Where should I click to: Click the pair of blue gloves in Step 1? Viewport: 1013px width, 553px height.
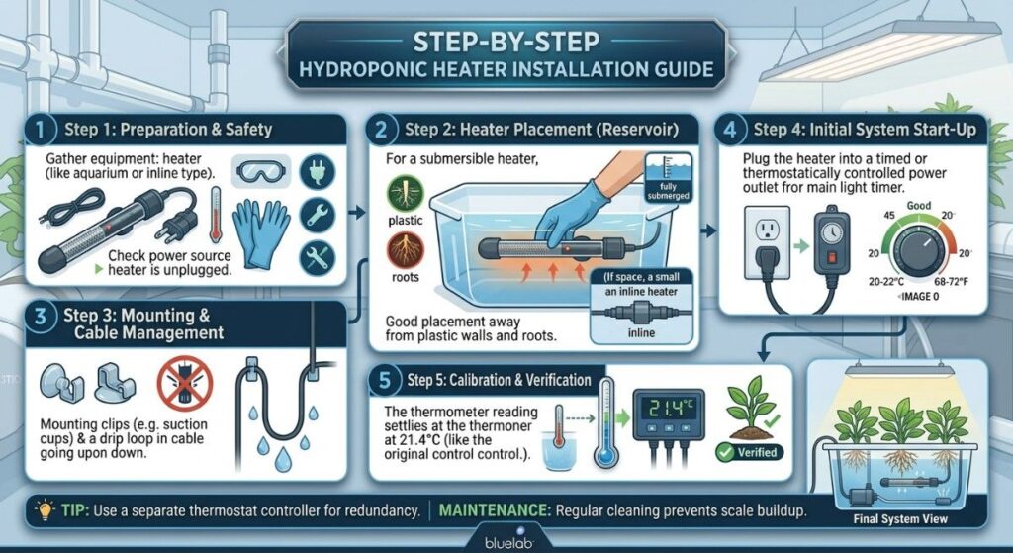tap(262, 234)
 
